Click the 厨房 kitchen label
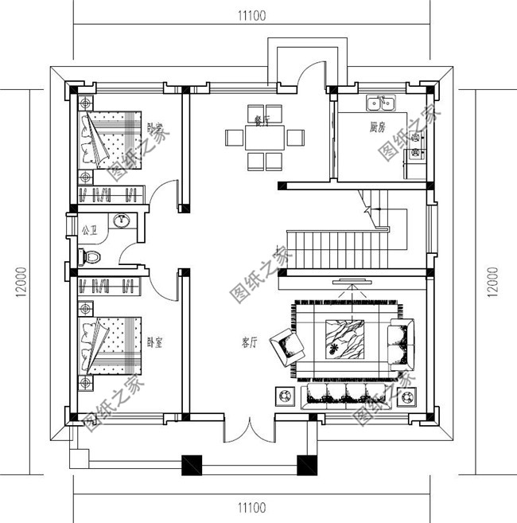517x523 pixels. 378,127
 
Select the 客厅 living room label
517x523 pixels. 249,343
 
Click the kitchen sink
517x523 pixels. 380,103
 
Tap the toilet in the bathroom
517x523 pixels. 90,256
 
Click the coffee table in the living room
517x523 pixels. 344,338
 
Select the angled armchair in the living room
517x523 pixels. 288,345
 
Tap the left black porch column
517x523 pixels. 192,464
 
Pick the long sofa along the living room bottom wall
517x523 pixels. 344,396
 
